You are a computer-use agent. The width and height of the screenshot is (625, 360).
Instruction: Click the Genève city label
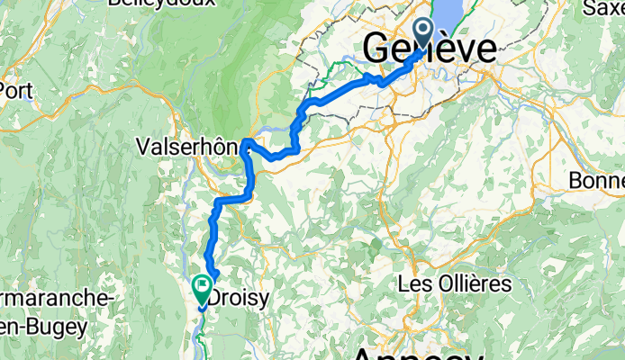430,49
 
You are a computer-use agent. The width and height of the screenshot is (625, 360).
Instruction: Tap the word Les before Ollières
413,284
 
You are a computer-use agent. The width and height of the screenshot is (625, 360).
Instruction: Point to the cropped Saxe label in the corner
603,9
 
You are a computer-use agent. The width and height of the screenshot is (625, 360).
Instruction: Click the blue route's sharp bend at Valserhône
246,141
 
